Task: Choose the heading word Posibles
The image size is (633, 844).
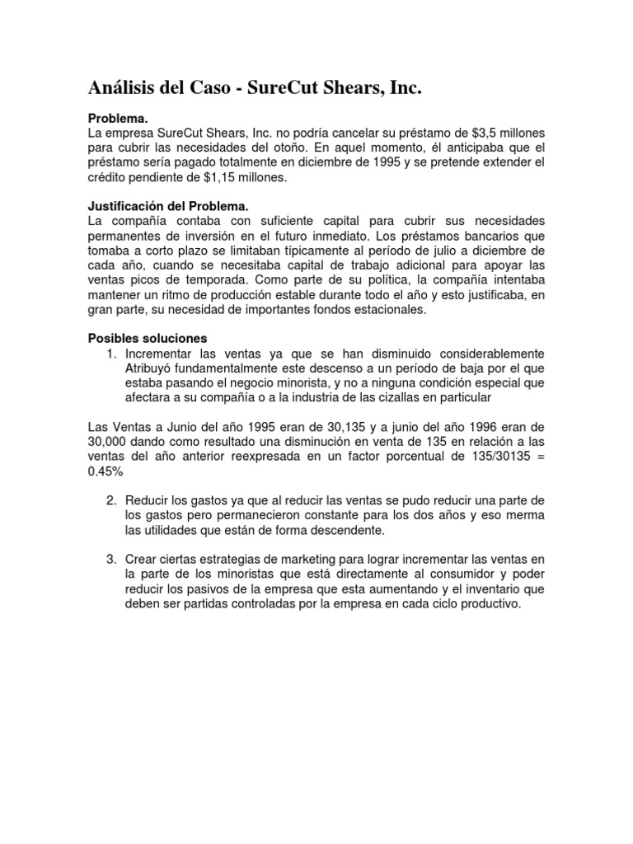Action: click(x=112, y=339)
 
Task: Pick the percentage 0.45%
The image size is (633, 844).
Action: click(x=105, y=471)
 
